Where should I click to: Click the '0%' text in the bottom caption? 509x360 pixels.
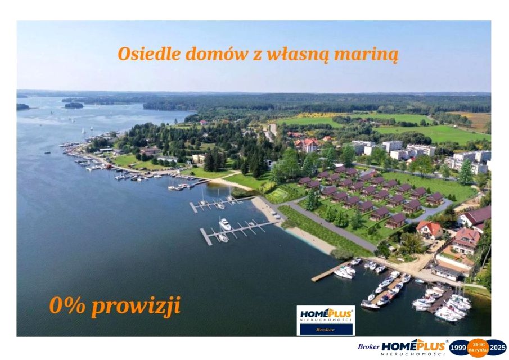click(x=67, y=305)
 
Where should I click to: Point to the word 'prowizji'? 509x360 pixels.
click(x=136, y=307)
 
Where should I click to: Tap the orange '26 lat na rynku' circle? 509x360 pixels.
click(x=478, y=348)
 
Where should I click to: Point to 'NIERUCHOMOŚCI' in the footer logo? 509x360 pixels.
click(x=413, y=354)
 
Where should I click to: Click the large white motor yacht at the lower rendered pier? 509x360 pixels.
click(x=225, y=224)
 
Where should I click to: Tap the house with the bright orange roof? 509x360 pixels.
click(x=430, y=228)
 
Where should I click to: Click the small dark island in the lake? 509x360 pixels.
click(x=73, y=105)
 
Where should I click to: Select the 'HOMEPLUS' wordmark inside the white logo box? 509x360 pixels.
click(x=326, y=313)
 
